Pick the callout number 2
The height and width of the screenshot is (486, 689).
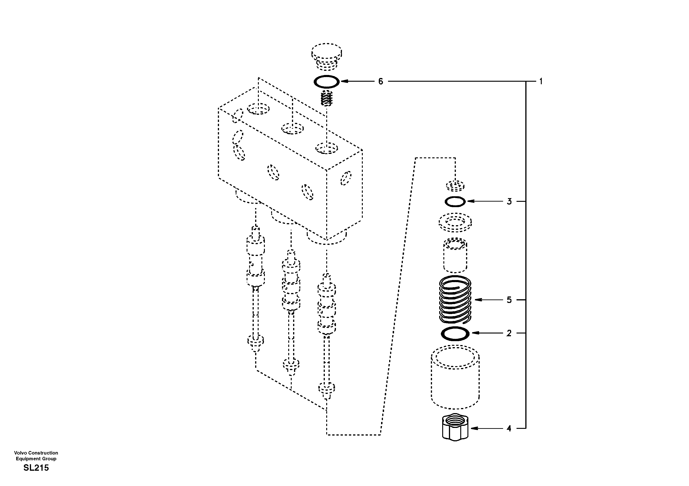(509, 333)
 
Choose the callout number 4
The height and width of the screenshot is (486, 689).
(509, 428)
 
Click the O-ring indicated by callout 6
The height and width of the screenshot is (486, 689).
(326, 82)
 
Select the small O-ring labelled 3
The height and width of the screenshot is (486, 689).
(455, 202)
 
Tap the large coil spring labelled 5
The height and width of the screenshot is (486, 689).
(455, 300)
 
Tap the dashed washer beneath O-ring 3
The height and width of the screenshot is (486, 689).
(455, 222)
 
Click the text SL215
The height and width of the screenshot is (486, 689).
(36, 468)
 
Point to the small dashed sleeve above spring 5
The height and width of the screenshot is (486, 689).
(455, 255)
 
